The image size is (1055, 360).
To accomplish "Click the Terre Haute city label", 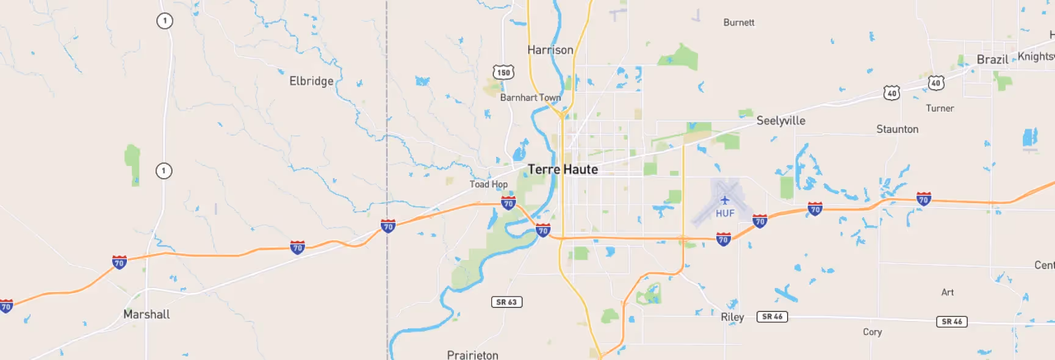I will (563, 170).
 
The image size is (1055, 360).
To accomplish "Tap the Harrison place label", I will (550, 50).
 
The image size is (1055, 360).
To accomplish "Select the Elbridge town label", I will (311, 81).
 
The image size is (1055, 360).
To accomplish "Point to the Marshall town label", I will (146, 314).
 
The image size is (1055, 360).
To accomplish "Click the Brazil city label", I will (992, 60).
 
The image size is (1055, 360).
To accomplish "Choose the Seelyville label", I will (780, 121).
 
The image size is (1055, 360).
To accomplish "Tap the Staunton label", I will (897, 129).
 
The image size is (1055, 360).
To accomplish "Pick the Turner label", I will (940, 109).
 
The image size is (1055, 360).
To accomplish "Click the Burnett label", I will (738, 23).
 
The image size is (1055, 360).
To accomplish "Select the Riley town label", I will (732, 317).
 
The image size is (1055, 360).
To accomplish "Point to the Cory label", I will (872, 332).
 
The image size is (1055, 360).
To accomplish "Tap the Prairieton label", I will (472, 355).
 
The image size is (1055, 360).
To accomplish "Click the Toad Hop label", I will (488, 184).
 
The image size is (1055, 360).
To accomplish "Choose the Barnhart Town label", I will (530, 98).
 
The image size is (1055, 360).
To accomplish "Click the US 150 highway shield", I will (503, 73).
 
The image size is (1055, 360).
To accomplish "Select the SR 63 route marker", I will (506, 302).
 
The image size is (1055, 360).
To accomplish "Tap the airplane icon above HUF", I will (725, 200).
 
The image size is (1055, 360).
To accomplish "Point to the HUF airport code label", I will (725, 214).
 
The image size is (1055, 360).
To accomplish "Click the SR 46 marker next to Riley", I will (772, 317).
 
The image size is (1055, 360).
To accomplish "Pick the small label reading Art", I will (947, 292).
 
